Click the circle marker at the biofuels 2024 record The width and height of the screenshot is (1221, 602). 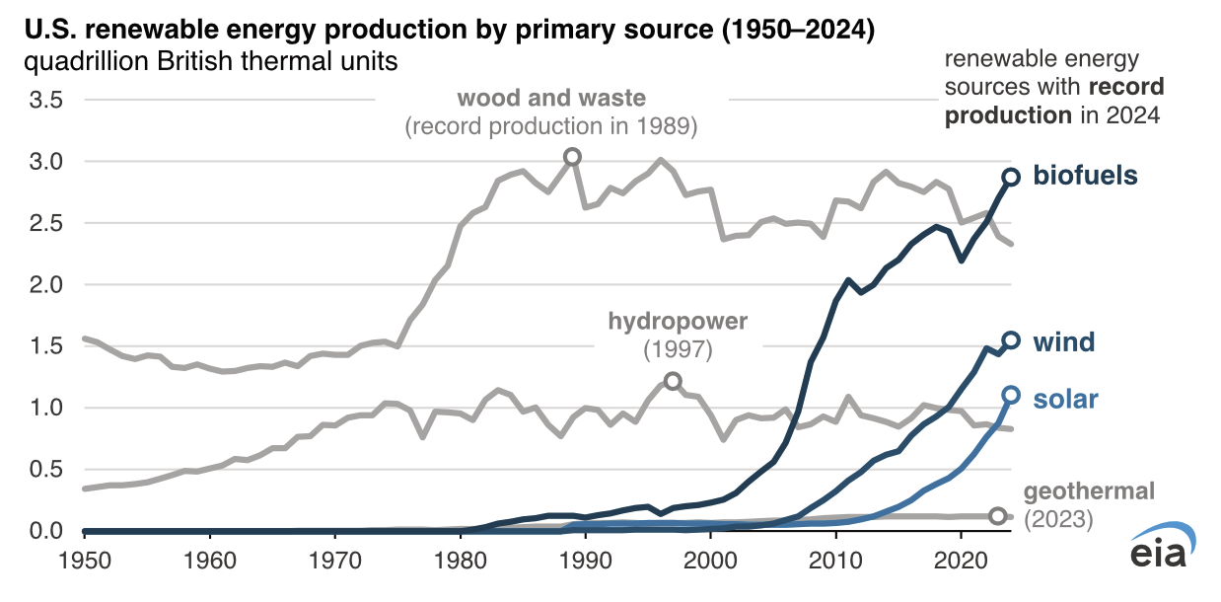1011,177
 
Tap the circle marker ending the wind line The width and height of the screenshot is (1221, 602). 1011,340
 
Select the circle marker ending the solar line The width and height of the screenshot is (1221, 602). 1011,395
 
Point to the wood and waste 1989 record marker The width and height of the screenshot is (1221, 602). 572,157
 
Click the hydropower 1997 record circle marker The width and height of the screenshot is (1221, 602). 673,381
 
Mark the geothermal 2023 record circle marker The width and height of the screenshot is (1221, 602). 998,516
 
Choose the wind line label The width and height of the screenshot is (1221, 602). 1064,342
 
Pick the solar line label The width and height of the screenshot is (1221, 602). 1065,400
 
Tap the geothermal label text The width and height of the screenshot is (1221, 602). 1089,491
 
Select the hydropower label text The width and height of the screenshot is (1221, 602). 678,321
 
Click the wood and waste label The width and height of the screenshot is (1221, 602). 551,99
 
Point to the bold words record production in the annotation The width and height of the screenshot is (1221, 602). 1054,102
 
